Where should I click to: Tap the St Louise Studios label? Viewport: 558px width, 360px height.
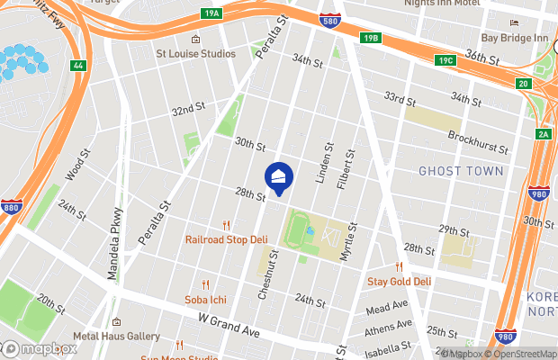(x=196, y=54)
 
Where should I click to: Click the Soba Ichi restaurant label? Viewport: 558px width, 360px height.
(x=206, y=298)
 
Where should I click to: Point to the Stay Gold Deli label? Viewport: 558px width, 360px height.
(x=400, y=281)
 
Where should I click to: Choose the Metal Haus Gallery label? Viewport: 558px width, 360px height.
(x=116, y=337)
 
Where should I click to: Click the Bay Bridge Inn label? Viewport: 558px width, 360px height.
(x=514, y=38)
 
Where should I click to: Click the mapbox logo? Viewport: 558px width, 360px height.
(x=40, y=348)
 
